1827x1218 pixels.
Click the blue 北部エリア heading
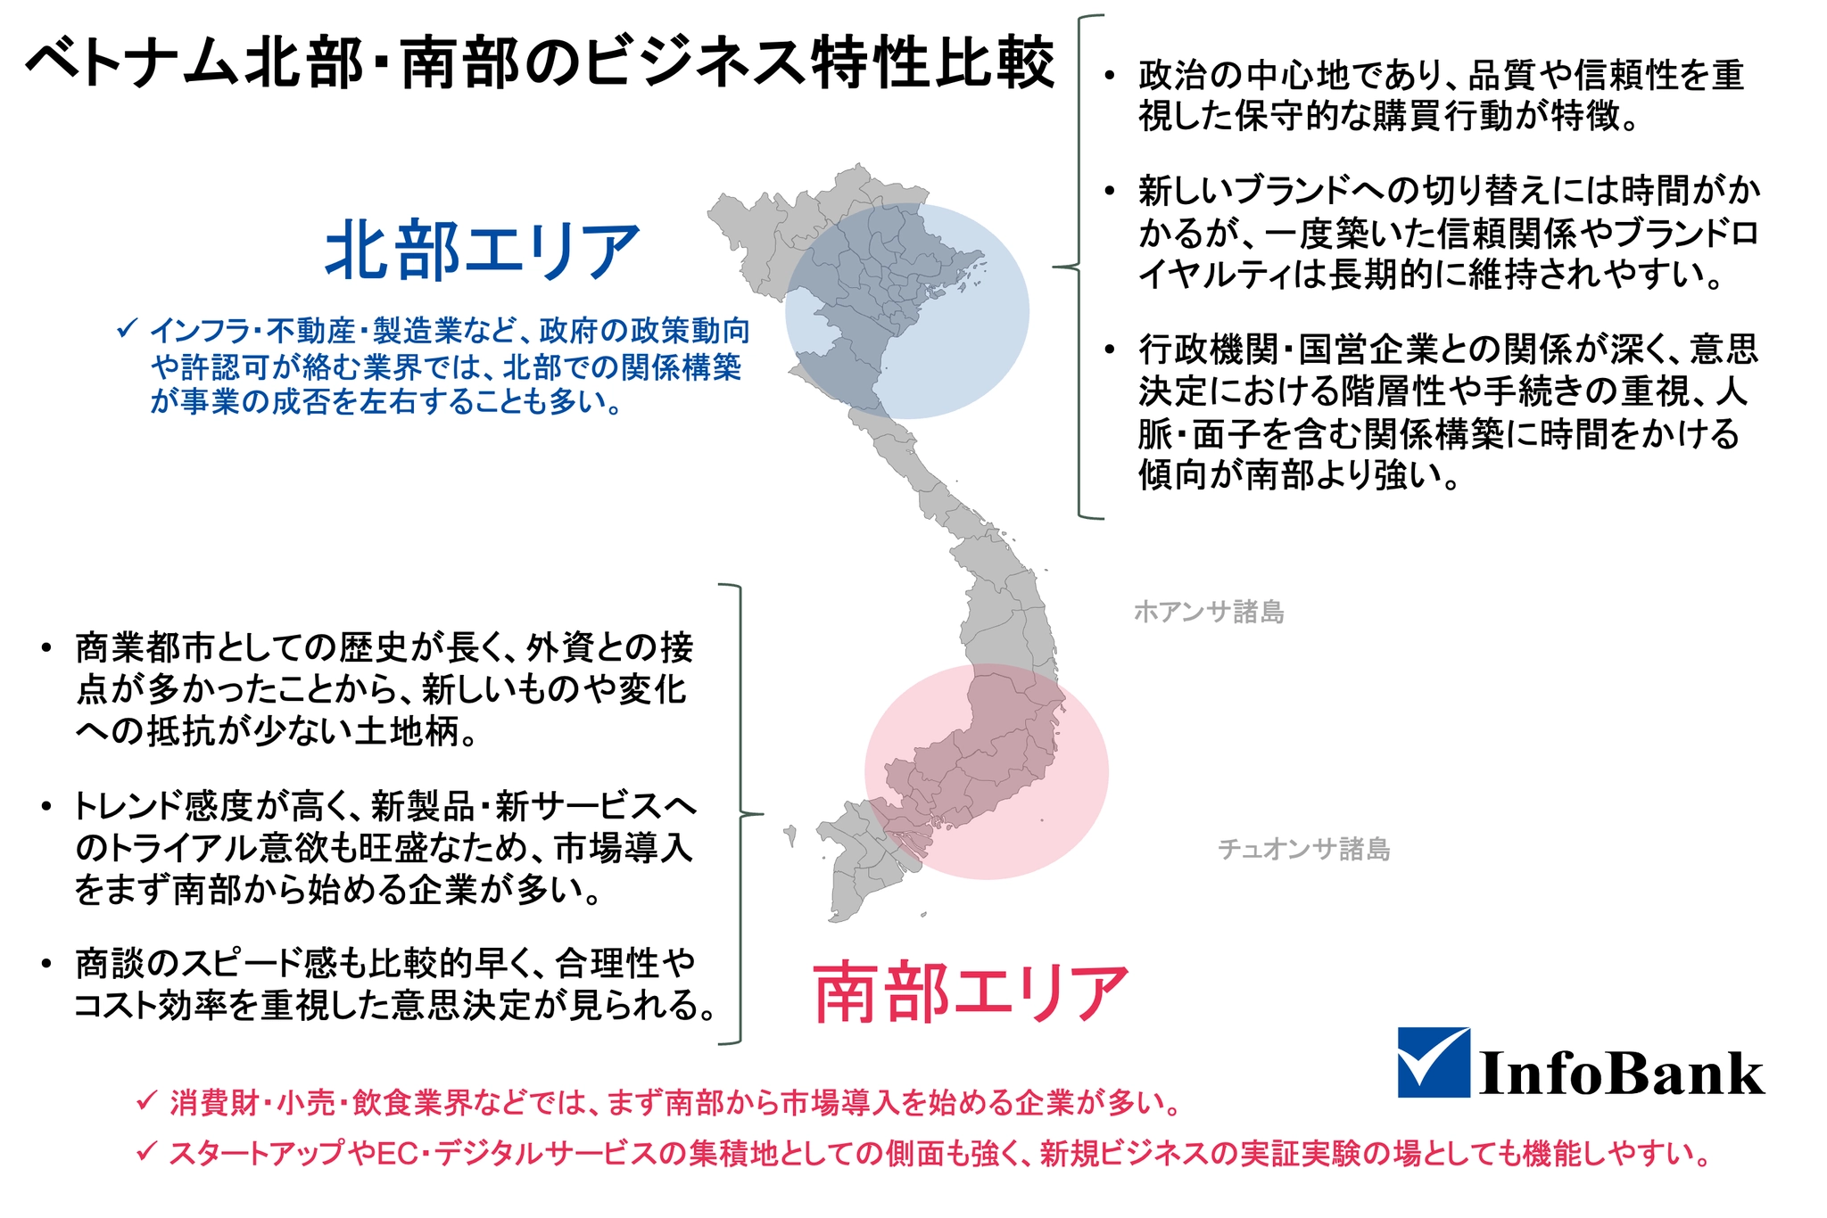pos(483,251)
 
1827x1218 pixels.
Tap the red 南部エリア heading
pos(971,992)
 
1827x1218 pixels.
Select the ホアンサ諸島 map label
pos(1209,612)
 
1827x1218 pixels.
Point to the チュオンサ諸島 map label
pos(1304,849)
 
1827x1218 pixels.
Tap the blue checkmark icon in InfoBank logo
pos(1434,1062)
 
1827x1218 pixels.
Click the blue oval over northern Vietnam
pos(907,311)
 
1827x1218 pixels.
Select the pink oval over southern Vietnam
pos(987,771)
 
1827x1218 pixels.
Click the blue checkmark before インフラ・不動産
pos(127,328)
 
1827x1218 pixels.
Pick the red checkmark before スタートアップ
pos(147,1151)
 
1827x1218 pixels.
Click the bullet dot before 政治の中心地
pos(1109,75)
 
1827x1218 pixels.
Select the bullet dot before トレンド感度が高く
pos(46,806)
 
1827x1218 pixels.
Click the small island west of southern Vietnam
pos(790,835)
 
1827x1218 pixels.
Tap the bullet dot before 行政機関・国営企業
pos(1109,349)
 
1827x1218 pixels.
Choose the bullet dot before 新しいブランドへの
pos(1109,190)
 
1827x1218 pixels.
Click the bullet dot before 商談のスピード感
pos(46,963)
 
